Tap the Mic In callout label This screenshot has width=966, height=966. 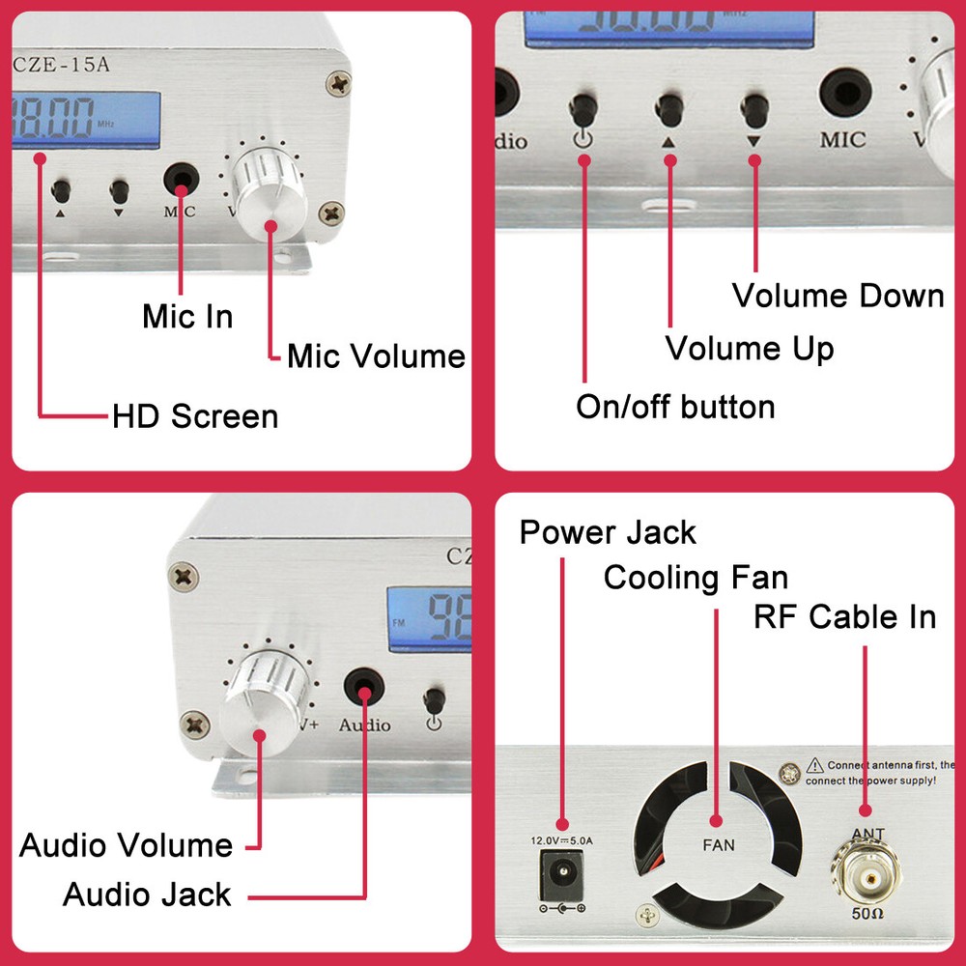pos(187,316)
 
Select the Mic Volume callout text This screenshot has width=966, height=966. pos(376,356)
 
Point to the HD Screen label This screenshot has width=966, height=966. pos(195,416)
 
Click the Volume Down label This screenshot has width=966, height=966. pos(838,296)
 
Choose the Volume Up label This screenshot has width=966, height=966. pos(750,348)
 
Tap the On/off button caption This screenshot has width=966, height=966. pos(675,407)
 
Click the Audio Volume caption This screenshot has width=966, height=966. pos(127,846)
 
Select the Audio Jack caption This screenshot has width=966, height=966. pos(147,895)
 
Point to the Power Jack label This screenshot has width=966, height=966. pos(608,532)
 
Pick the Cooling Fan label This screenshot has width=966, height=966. pos(696,578)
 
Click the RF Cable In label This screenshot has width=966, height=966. pos(844,616)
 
